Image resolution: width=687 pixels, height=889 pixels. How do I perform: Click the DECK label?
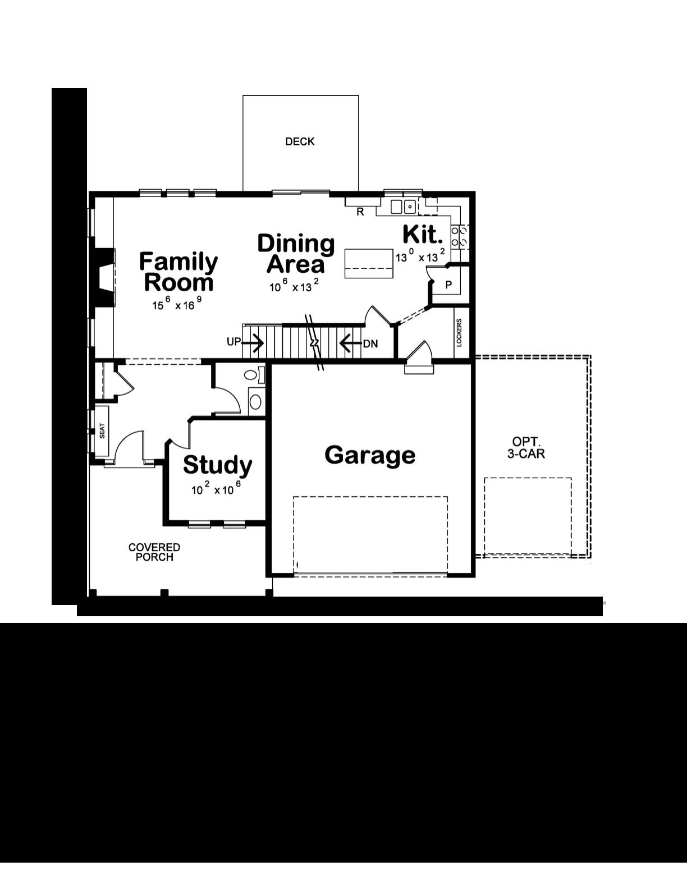click(300, 141)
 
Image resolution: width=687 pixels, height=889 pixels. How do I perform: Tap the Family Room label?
click(178, 272)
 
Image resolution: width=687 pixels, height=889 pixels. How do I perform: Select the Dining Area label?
click(296, 253)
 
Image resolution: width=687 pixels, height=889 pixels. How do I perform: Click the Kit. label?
click(423, 234)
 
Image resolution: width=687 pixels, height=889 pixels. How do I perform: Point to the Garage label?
click(370, 455)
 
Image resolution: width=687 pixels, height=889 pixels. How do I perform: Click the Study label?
click(217, 465)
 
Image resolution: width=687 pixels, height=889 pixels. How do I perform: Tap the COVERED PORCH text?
click(154, 552)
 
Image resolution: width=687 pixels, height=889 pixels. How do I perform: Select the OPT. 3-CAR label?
click(526, 447)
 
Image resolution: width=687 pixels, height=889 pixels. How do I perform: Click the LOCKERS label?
click(459, 333)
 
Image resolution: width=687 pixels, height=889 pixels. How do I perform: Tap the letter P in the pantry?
click(448, 285)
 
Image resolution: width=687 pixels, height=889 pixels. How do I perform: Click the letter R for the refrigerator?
click(360, 212)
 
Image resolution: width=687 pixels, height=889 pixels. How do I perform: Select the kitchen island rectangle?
click(368, 263)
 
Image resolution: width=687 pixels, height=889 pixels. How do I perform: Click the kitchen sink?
click(403, 207)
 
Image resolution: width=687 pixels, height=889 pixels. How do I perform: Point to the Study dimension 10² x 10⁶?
click(216, 489)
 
